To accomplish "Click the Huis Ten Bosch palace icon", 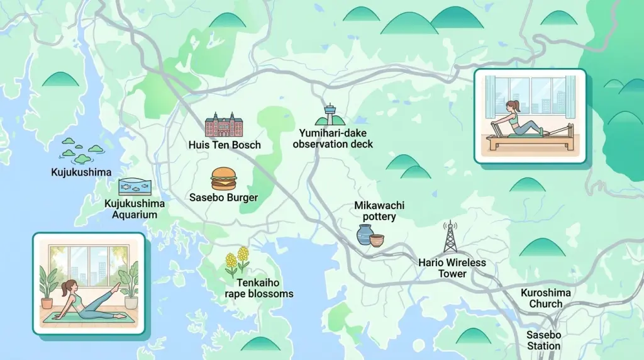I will pos(224,126).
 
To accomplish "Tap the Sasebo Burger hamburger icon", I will pos(223,179).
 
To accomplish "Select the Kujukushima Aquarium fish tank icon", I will pos(135,186).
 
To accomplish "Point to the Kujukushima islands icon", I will pos(75,149).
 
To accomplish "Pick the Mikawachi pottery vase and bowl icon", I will pos(370,235).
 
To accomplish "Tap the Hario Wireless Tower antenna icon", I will pos(449,238).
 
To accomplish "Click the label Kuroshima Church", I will pos(546,298).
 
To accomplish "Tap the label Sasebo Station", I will pos(544,340).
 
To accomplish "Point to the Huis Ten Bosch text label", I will pos(225,145).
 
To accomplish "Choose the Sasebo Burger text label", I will pos(224,198).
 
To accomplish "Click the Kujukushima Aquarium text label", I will pos(135,209).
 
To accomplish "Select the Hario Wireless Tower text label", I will pos(452,267).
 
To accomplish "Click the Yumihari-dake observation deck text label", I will pos(336,138).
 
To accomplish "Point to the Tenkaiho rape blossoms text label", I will pos(259,288).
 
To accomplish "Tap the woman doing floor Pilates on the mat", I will pos(85,298).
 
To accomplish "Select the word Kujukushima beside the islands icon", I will pos(81,172).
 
